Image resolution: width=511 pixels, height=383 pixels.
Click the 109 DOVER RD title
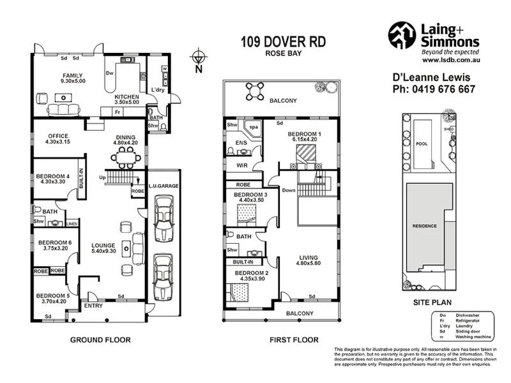pyautogui.click(x=283, y=42)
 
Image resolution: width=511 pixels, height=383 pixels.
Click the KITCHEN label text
pyautogui.click(x=126, y=96)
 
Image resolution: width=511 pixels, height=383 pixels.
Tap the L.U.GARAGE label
pyautogui.click(x=164, y=185)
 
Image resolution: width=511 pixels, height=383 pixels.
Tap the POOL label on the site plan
pyautogui.click(x=422, y=144)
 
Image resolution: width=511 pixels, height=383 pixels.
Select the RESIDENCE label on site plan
pyautogui.click(x=425, y=227)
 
